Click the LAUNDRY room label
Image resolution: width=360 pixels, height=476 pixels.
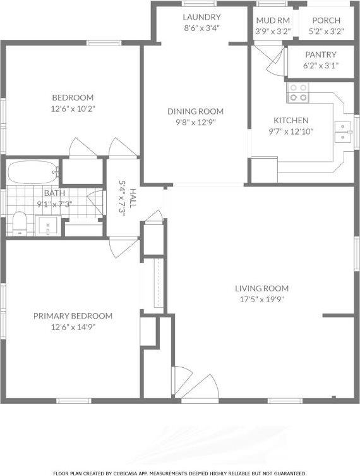click(x=201, y=17)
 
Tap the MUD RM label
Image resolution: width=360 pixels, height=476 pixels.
click(x=273, y=21)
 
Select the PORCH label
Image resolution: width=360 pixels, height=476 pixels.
click(x=327, y=21)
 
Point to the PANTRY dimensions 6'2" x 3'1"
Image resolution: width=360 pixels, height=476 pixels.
click(x=320, y=65)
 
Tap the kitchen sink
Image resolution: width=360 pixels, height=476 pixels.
click(x=344, y=130)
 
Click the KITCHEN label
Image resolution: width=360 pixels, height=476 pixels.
click(x=291, y=121)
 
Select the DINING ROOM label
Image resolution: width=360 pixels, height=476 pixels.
click(x=195, y=111)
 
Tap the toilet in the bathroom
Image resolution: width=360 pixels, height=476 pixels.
click(x=20, y=224)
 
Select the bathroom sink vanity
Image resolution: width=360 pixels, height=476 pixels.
click(x=48, y=224)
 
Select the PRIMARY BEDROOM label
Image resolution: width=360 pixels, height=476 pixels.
click(x=73, y=316)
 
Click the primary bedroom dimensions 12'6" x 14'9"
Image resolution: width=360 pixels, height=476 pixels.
click(x=73, y=327)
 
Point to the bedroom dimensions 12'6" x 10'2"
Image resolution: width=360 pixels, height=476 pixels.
click(x=73, y=108)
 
